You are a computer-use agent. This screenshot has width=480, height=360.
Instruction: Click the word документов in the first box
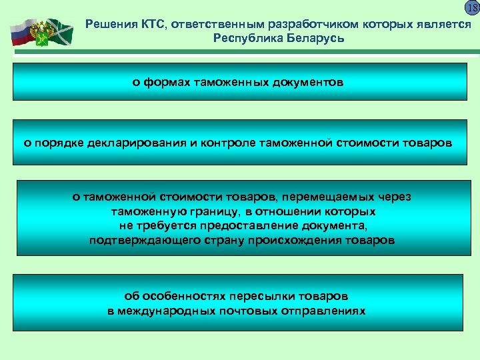click(307, 83)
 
